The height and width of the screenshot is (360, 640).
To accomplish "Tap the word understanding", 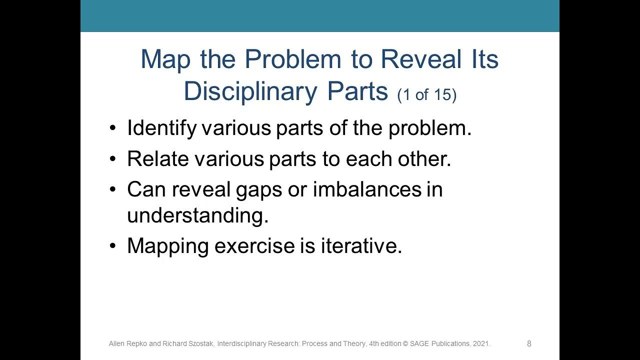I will [x=197, y=216].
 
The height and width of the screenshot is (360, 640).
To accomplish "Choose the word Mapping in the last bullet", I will [x=167, y=246].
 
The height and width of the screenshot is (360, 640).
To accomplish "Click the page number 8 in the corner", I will [x=529, y=343].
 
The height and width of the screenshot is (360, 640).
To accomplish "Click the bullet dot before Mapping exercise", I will [x=112, y=246].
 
